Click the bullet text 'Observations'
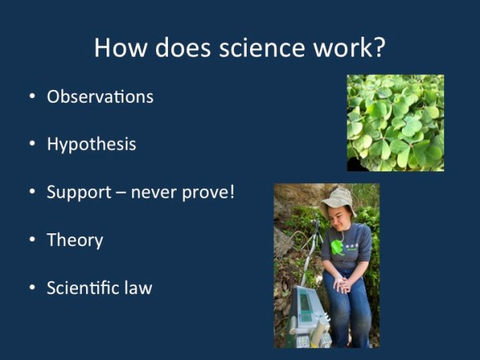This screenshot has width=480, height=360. click(100, 97)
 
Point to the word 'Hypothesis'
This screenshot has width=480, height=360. click(91, 144)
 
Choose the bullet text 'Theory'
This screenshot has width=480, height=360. click(75, 240)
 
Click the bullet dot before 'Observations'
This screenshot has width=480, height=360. click(32, 97)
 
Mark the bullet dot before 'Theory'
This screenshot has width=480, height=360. click(32, 240)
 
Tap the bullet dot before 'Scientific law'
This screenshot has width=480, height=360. click(32, 288)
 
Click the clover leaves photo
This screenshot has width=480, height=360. click(395, 123)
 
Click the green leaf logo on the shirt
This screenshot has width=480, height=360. click(337, 247)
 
